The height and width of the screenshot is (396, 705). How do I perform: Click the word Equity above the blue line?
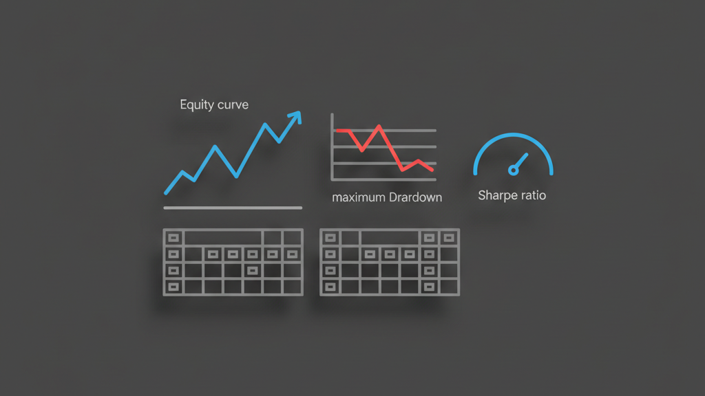point(196,105)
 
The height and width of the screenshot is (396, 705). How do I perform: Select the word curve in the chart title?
point(233,105)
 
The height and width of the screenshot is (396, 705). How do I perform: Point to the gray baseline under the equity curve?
point(233,208)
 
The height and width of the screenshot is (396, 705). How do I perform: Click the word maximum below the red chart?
point(359,197)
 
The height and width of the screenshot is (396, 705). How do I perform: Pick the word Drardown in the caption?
point(415,197)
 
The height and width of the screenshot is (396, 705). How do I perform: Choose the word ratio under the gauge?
point(532,195)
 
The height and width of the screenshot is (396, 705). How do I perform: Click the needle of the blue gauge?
point(520,161)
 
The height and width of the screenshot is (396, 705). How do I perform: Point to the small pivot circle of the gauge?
point(512,169)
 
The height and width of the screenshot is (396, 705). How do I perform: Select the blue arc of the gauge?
point(513,137)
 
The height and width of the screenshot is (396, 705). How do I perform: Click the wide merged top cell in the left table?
point(222,238)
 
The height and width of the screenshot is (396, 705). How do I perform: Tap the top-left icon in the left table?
point(173,238)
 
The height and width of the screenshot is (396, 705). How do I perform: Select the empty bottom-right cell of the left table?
point(292,287)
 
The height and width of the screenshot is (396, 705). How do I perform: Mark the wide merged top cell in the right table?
point(390,238)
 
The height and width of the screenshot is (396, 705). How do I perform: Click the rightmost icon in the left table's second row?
point(292,254)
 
